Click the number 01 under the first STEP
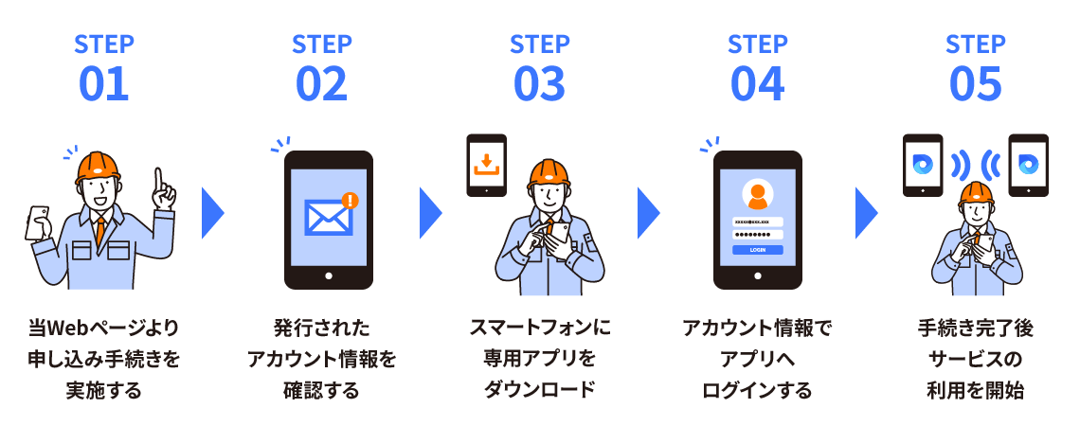click(103, 84)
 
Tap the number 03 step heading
click(539, 84)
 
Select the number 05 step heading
click(975, 84)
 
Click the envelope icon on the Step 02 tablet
click(328, 217)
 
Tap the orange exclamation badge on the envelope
click(351, 200)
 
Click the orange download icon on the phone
click(486, 163)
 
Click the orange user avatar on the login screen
click(757, 195)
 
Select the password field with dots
click(757, 235)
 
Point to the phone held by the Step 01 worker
click(39, 219)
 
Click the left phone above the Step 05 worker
click(922, 165)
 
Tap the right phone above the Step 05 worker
click(1028, 165)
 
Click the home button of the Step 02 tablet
click(328, 276)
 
